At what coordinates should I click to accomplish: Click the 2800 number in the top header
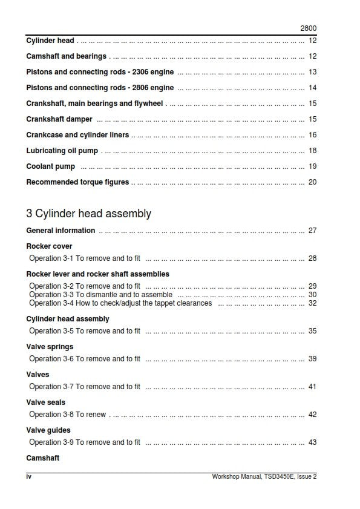[x=309, y=28]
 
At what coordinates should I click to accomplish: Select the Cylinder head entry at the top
[x=50, y=41]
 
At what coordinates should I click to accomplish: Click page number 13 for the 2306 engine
[x=312, y=72]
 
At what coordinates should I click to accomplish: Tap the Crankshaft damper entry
[x=59, y=119]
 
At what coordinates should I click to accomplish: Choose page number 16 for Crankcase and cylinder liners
[x=312, y=135]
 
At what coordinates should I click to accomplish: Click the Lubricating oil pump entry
[x=62, y=151]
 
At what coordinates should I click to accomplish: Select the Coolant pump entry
[x=51, y=166]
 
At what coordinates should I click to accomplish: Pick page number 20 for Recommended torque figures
[x=312, y=182]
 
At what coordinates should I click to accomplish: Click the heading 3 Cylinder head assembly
[x=88, y=214]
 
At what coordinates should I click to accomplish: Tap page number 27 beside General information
[x=312, y=231]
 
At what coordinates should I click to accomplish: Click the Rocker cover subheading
[x=49, y=246]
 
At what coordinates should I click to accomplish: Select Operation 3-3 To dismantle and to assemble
[x=101, y=295]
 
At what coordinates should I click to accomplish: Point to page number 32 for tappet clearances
[x=312, y=303]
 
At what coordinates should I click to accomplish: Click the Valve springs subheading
[x=50, y=347]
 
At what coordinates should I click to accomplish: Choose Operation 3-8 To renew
[x=68, y=415]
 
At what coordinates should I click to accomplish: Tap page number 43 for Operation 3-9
[x=312, y=442]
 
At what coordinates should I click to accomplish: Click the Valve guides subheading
[x=48, y=430]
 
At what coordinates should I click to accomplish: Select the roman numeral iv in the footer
[x=28, y=476]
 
